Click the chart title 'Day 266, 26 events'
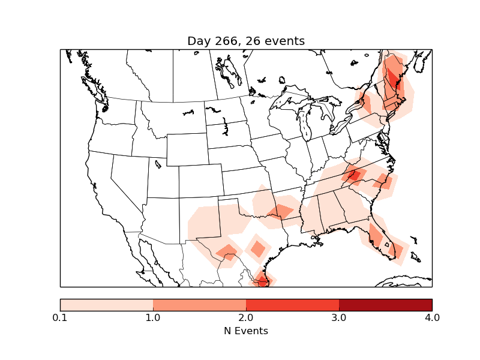tap(246, 41)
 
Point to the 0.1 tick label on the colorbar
tap(60, 317)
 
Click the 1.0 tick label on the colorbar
tap(153, 317)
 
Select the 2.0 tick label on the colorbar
tap(246, 317)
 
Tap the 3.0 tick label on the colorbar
tap(339, 317)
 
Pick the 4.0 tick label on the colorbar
tap(432, 317)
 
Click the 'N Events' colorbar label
tap(246, 331)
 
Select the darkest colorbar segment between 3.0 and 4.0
tap(385, 304)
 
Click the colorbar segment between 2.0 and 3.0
tap(292, 304)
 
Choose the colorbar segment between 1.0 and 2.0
tap(199, 304)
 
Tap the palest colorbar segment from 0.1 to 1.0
tap(106, 304)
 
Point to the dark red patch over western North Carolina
tap(354, 175)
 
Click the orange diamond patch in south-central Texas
tap(259, 248)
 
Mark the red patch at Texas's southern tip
tap(262, 280)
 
